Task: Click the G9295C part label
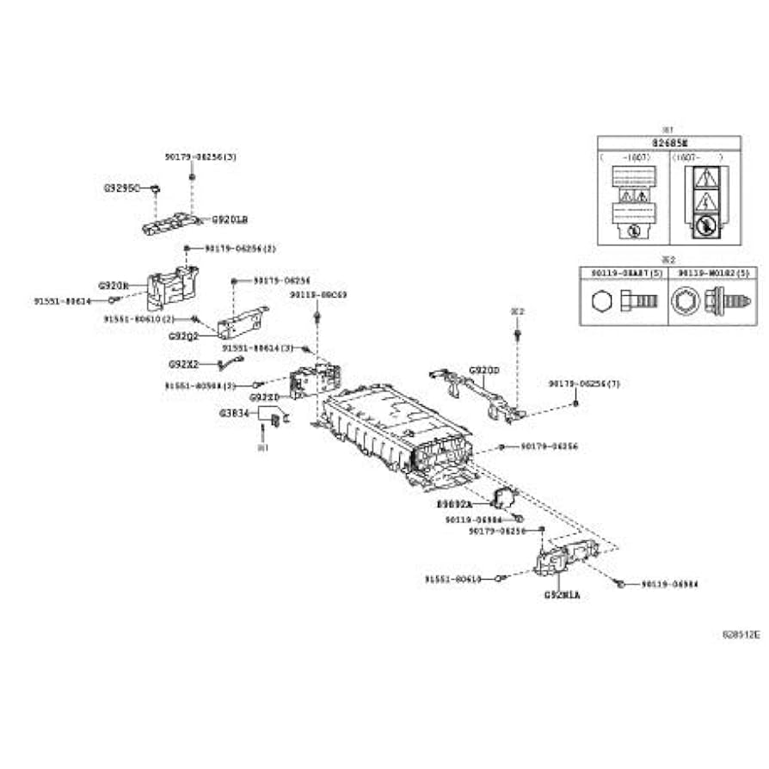[x=120, y=186]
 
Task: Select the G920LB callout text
[x=229, y=219]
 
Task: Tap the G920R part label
[x=113, y=285]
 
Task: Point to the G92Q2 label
[x=183, y=336]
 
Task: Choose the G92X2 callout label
[x=183, y=364]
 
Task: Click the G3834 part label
[x=233, y=413]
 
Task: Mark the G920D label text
[x=483, y=371]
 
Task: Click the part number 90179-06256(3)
[x=200, y=157]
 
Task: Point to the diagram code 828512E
[x=741, y=634]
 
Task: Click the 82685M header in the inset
[x=668, y=143]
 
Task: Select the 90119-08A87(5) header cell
[x=623, y=273]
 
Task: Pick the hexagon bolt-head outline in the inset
[x=601, y=303]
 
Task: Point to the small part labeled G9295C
[x=154, y=187]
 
